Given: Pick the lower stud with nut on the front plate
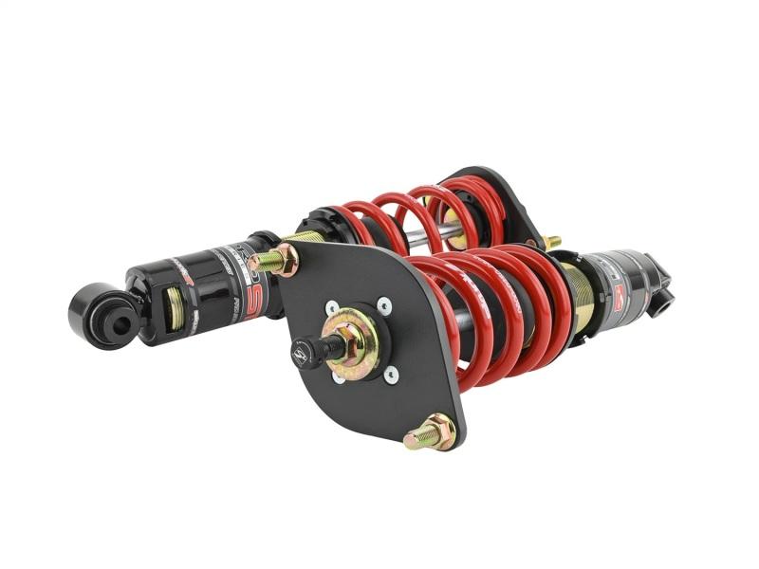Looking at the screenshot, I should [432, 432].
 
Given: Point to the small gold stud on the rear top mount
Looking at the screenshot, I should [550, 243].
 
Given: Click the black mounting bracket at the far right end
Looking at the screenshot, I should [662, 285].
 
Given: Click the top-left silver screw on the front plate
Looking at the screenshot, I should [331, 307].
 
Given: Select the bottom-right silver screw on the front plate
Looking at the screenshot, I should [390, 373].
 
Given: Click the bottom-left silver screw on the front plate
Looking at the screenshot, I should [339, 376].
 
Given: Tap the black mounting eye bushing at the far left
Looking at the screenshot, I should [100, 318].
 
